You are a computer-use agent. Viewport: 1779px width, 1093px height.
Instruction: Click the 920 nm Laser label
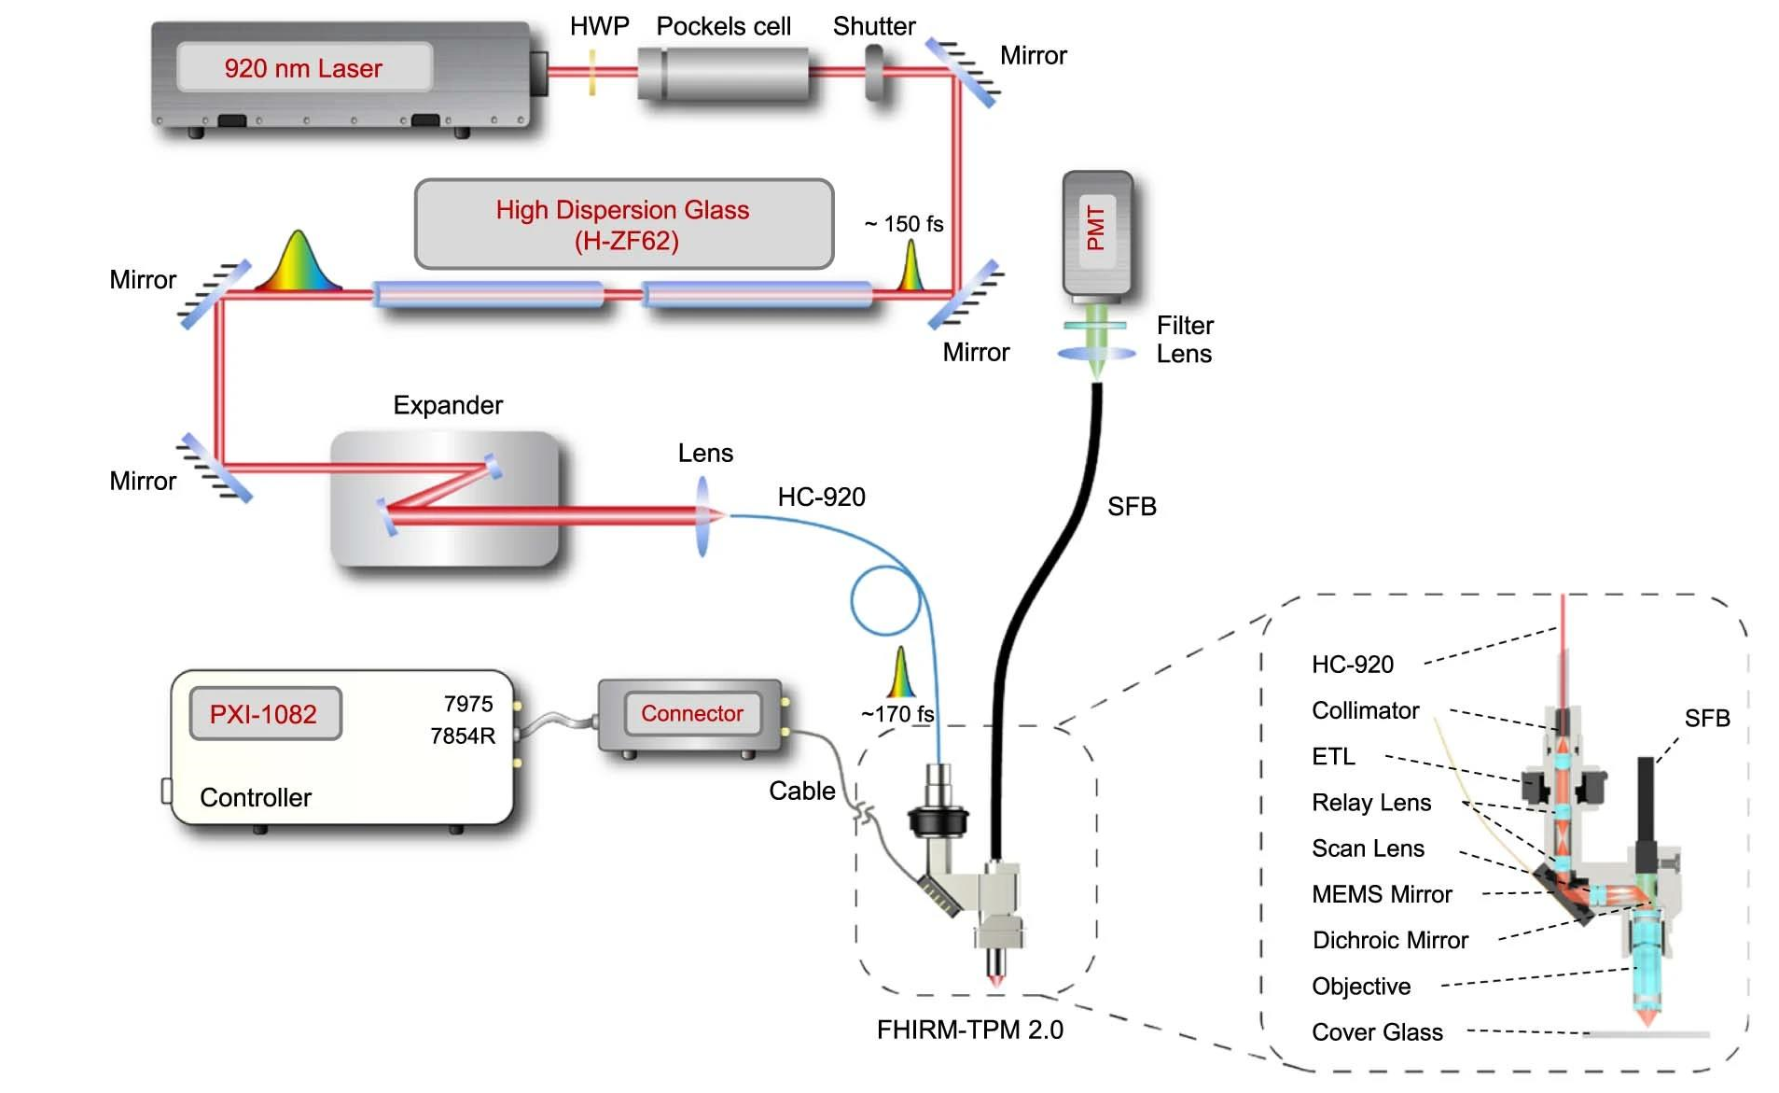pos(303,68)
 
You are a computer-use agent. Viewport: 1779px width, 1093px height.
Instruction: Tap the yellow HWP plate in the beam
pos(591,72)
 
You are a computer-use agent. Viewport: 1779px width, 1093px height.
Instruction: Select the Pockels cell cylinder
pos(724,73)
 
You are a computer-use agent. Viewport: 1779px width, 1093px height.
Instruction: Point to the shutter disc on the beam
pos(876,71)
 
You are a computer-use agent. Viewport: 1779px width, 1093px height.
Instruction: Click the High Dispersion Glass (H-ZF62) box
pos(623,225)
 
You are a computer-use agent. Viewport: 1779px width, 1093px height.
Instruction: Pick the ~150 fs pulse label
pos(903,224)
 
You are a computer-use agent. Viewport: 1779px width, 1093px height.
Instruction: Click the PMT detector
pos(1097,233)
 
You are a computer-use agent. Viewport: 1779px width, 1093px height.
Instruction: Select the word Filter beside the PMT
pos(1185,325)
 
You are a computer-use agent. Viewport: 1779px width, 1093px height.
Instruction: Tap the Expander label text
pos(448,405)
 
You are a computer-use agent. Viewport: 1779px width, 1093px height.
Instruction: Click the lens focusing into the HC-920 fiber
pos(702,515)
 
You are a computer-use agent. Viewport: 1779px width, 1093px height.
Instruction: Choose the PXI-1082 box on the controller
pos(265,714)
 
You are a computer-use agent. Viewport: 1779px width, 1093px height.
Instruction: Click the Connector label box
pos(691,713)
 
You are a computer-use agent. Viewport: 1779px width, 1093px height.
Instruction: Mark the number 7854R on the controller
pos(463,736)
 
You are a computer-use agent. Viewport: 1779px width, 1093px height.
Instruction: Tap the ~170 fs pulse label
pos(896,714)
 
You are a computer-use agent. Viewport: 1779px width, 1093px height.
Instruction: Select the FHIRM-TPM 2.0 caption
pos(969,1030)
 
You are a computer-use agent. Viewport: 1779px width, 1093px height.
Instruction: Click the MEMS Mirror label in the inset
pos(1382,894)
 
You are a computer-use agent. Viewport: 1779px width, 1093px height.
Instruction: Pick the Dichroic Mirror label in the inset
pos(1390,940)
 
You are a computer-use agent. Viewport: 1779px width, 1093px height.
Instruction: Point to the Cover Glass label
pos(1377,1032)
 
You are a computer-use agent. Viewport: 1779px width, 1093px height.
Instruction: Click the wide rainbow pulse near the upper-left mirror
pos(298,263)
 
